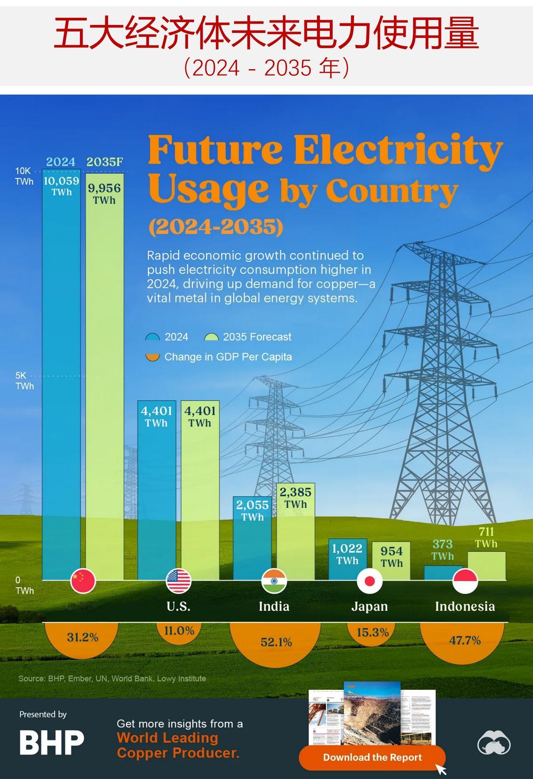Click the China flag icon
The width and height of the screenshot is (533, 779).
tap(83, 580)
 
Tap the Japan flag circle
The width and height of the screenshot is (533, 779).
tap(369, 581)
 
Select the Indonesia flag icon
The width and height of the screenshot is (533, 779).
tap(465, 581)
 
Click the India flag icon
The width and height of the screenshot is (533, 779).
tap(274, 581)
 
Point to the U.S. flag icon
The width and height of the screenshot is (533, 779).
tap(179, 581)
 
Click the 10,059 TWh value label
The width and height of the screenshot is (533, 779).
tap(61, 186)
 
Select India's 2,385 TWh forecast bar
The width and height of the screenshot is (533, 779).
tap(296, 537)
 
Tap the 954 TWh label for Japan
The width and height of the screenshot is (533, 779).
tap(391, 556)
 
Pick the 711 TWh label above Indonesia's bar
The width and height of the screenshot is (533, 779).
tap(486, 537)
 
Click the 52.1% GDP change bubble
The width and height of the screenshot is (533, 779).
tap(276, 642)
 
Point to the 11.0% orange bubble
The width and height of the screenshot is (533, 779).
tap(179, 631)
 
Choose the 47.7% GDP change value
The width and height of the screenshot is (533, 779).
tap(465, 640)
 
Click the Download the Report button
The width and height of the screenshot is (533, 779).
tap(372, 757)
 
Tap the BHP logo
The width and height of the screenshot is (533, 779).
tap(52, 742)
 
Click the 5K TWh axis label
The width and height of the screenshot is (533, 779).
tap(24, 381)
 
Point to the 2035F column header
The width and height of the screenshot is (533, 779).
tap(105, 162)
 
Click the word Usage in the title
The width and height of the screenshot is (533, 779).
tap(208, 190)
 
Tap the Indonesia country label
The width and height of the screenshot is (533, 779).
tap(465, 606)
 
